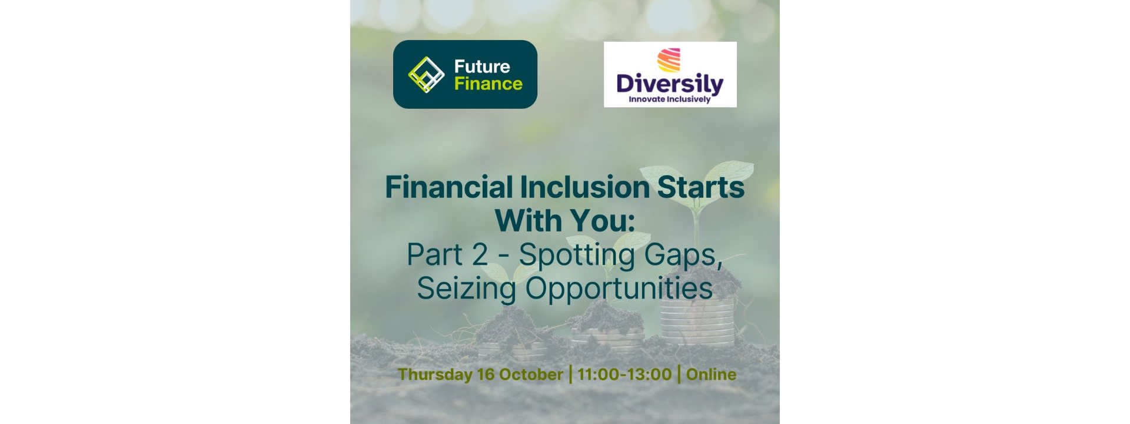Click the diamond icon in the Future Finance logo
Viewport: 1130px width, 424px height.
point(426,75)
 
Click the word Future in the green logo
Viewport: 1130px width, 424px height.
point(482,66)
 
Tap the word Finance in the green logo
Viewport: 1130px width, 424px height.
point(488,84)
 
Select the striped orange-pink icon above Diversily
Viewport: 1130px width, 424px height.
point(669,60)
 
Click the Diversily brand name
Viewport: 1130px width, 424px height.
point(670,84)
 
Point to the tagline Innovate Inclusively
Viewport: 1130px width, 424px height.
point(670,99)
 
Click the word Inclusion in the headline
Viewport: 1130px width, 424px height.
point(584,187)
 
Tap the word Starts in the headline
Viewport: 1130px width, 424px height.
point(700,187)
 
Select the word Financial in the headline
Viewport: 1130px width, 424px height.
point(449,187)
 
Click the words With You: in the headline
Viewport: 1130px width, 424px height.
point(565,221)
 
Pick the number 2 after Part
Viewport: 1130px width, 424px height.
point(480,254)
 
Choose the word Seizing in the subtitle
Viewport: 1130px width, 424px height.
point(467,289)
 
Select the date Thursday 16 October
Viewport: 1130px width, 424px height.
point(480,375)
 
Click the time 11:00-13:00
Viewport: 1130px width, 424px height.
point(624,375)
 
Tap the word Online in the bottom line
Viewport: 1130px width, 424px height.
point(711,375)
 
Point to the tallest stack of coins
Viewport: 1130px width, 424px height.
point(698,321)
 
